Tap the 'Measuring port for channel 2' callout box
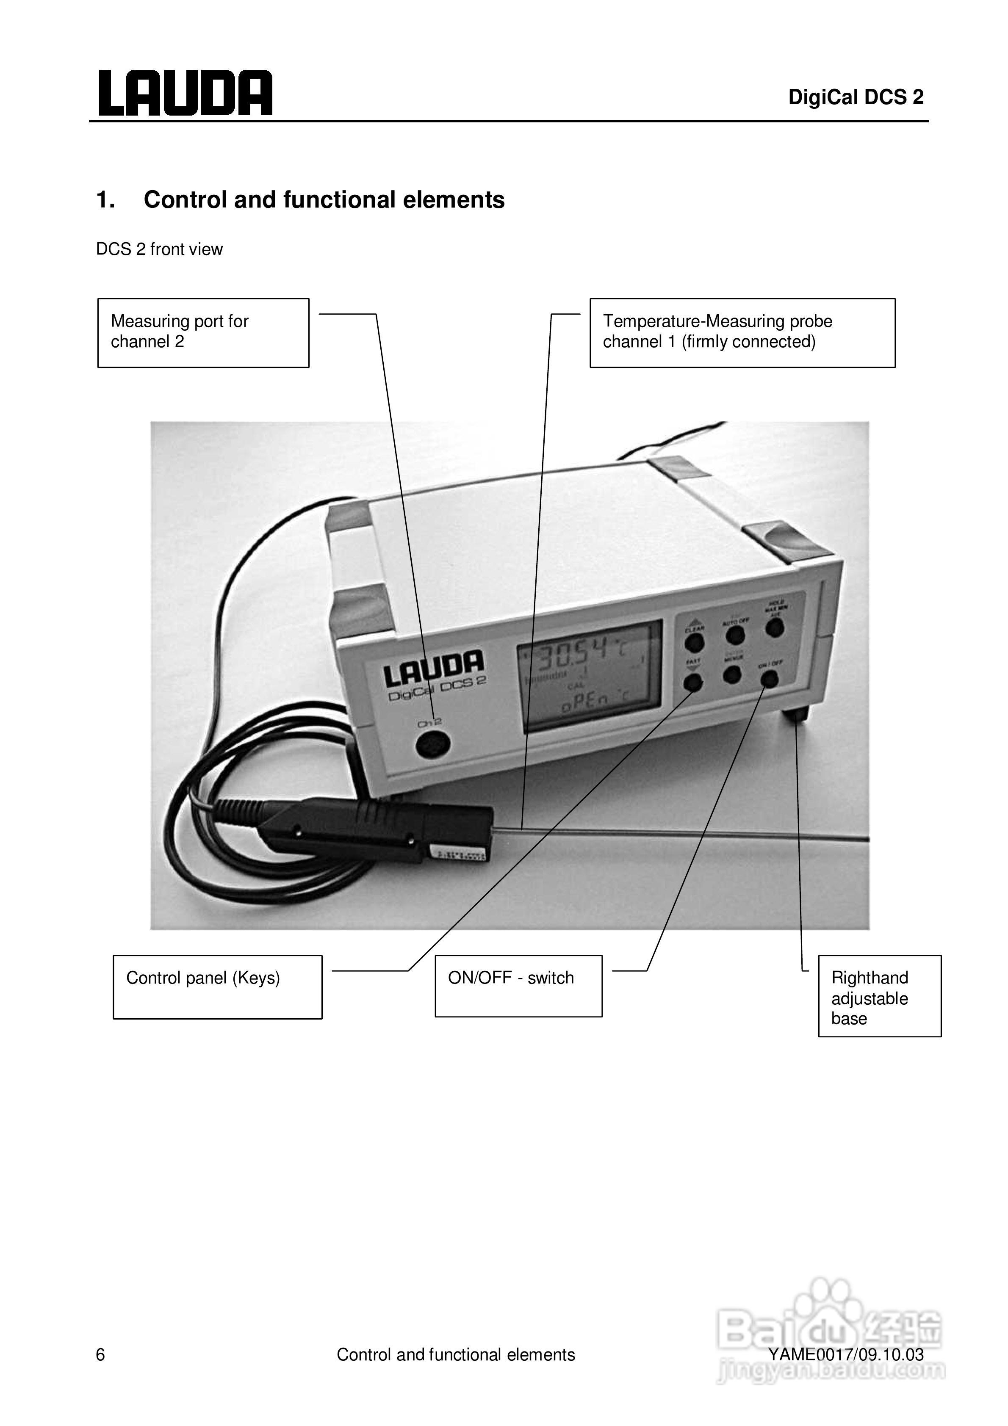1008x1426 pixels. [x=203, y=332]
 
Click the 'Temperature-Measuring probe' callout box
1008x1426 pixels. [x=742, y=332]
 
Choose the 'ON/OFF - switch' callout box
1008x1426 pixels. [x=518, y=986]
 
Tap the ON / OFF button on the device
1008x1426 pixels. [x=770, y=680]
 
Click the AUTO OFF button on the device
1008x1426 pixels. [x=735, y=635]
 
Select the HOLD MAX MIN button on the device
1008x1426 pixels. [x=774, y=627]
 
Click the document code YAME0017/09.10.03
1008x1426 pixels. [x=846, y=1354]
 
